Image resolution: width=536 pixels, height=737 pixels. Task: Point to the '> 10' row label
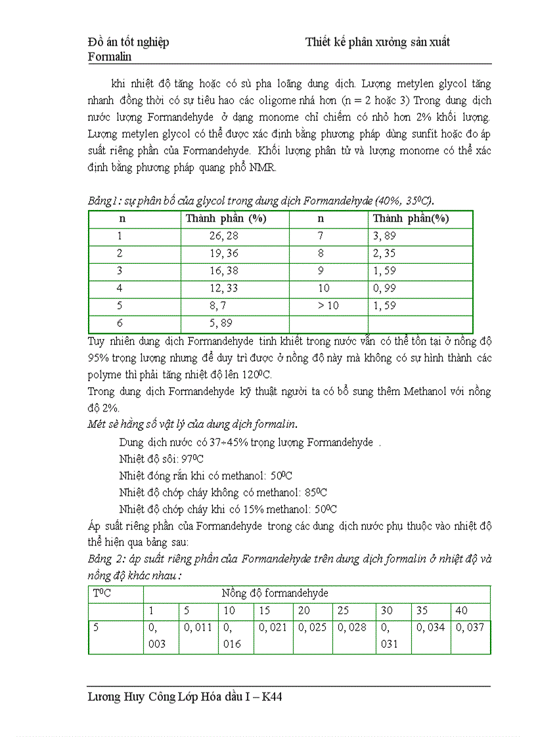(x=328, y=306)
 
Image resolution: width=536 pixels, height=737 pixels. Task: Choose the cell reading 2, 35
(x=384, y=253)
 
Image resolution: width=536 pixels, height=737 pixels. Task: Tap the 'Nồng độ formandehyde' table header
(x=275, y=593)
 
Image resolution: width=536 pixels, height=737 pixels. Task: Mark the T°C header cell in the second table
(x=102, y=593)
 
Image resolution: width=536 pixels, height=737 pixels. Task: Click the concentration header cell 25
(x=343, y=610)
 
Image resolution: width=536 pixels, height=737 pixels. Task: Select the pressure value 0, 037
(x=470, y=627)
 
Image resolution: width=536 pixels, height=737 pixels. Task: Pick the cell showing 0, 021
(x=273, y=627)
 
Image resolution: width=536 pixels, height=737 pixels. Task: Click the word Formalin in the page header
(x=110, y=56)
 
